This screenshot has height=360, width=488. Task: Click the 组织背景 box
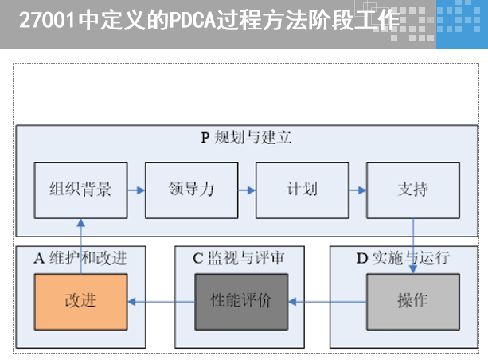[80, 190]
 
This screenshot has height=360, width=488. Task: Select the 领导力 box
[191, 190]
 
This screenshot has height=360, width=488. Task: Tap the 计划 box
[302, 190]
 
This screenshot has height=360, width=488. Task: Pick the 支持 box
[412, 190]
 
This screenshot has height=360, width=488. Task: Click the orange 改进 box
[80, 302]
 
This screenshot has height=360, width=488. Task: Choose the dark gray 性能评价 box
[241, 302]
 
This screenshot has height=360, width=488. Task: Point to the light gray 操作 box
[412, 302]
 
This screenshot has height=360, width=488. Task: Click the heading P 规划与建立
[246, 137]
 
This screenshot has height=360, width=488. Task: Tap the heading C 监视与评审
[239, 257]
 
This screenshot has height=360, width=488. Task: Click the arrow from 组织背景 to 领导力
[136, 190]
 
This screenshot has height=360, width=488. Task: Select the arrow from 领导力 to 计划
[247, 190]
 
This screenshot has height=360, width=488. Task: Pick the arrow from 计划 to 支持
[357, 190]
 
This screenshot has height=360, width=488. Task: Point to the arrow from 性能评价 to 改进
[162, 302]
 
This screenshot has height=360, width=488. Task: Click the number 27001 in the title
[48, 20]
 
